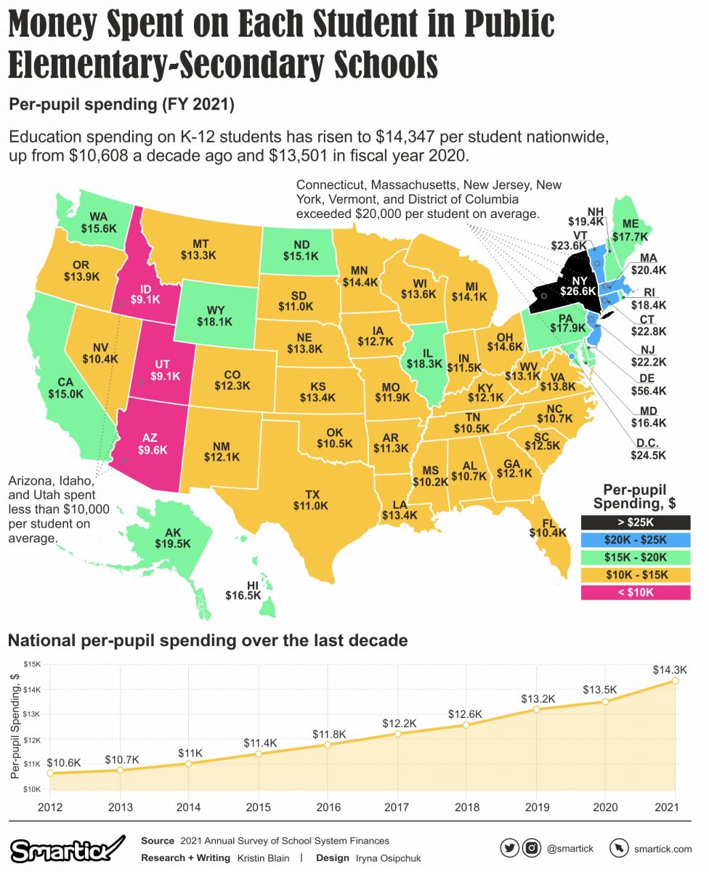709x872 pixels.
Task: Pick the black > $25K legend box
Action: pos(635,522)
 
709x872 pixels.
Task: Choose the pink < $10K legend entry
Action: pos(635,592)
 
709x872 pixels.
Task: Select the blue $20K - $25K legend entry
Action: pos(635,539)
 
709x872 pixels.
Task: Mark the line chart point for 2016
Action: pos(328,744)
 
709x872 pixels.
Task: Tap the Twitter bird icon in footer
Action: pos(510,847)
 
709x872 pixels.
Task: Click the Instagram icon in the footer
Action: pos(532,847)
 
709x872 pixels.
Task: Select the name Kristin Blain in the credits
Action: pos(264,858)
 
